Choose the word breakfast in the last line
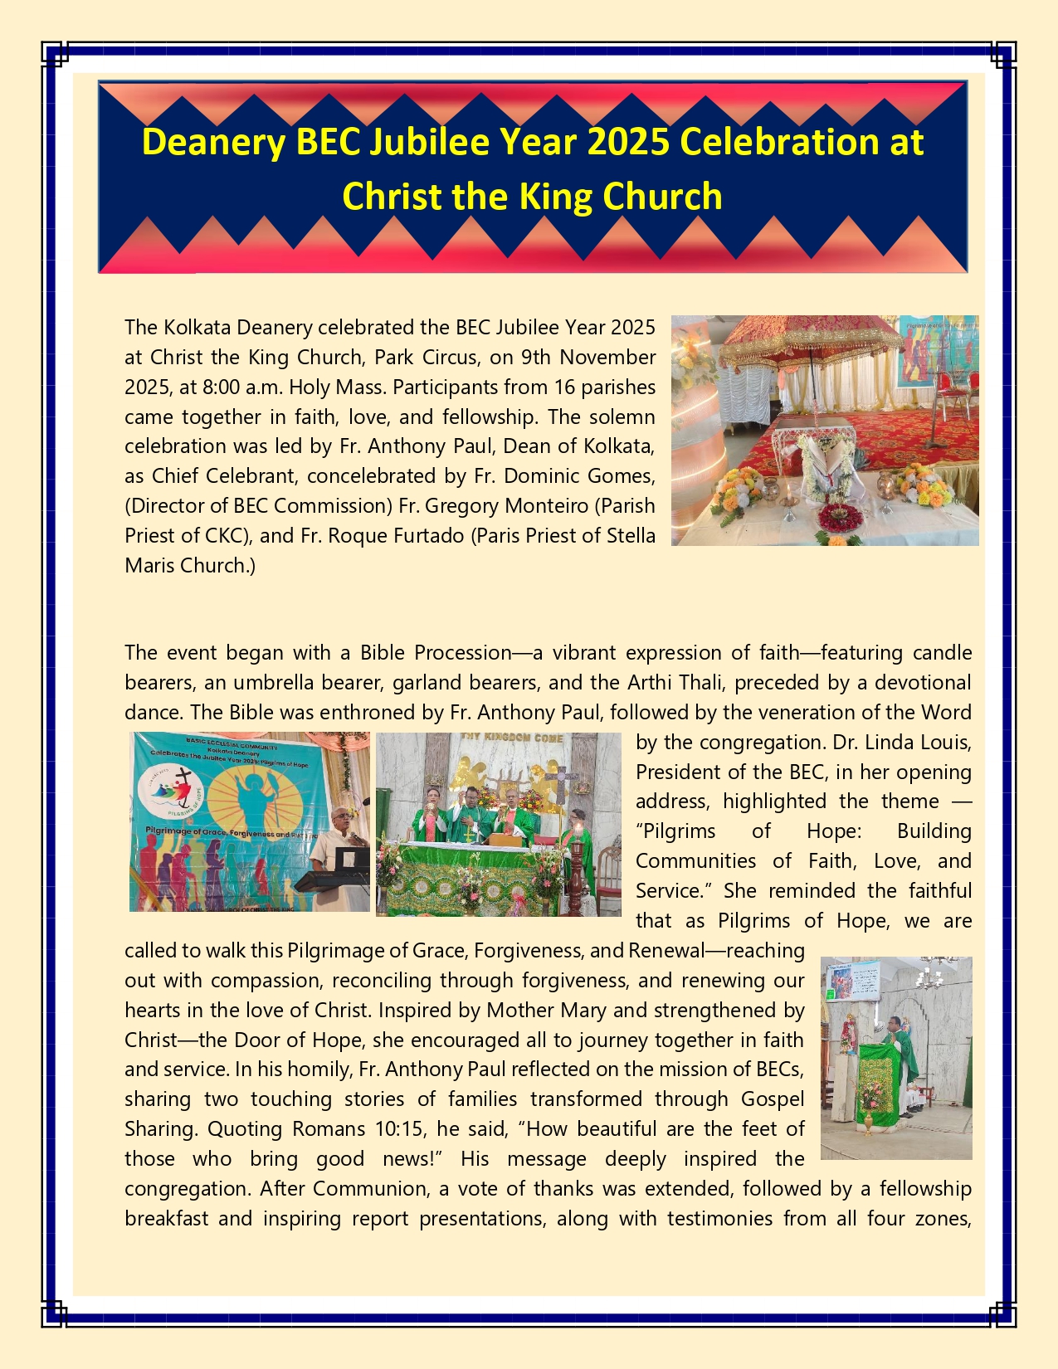point(166,1218)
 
